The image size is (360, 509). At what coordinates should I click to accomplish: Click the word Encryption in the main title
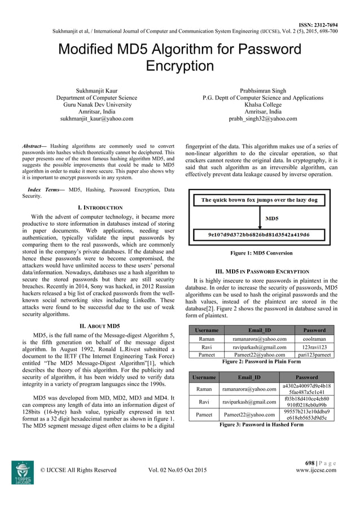click(x=180, y=67)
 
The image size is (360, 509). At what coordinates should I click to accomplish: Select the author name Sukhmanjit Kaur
click(x=96, y=90)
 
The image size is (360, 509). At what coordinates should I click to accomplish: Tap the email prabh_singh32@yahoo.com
click(x=262, y=119)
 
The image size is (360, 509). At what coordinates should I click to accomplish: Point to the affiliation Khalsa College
click(x=263, y=104)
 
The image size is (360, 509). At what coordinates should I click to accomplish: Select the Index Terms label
click(x=46, y=190)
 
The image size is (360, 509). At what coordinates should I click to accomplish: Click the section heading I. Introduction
click(x=98, y=208)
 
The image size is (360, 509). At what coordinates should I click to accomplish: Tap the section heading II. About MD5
click(x=98, y=326)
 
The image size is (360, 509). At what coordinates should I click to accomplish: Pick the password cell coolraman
click(x=314, y=339)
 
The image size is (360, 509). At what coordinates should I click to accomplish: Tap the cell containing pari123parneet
click(x=314, y=355)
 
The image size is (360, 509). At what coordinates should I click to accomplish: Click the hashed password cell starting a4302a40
click(x=314, y=389)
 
